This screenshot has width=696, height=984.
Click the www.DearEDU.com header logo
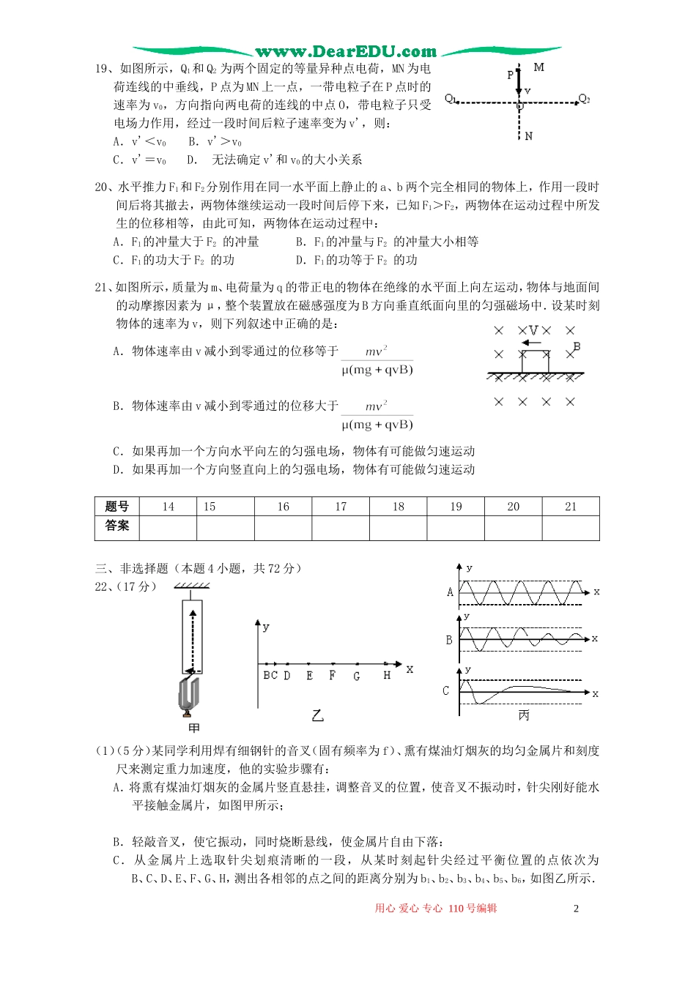[346, 51]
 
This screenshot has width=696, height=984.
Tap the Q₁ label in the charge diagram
[451, 99]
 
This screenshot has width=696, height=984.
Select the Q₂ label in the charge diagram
[584, 99]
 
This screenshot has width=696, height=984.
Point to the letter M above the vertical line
[539, 67]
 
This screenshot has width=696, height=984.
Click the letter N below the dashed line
[529, 136]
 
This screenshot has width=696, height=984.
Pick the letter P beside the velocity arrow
[511, 75]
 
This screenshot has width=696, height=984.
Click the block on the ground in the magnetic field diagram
[535, 362]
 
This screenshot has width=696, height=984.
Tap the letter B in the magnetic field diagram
[577, 346]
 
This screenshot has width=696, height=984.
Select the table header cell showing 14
[168, 507]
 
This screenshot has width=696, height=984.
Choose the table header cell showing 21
[571, 507]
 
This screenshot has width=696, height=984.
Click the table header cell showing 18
[398, 507]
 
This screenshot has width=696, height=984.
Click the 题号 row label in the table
[117, 507]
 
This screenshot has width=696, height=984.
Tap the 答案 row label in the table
[117, 526]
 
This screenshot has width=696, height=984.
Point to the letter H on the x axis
[387, 676]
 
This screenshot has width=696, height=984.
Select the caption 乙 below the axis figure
[317, 715]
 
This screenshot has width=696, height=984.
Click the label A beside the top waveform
[450, 592]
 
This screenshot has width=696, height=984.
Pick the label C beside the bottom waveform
[445, 690]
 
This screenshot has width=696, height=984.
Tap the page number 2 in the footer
[576, 909]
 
